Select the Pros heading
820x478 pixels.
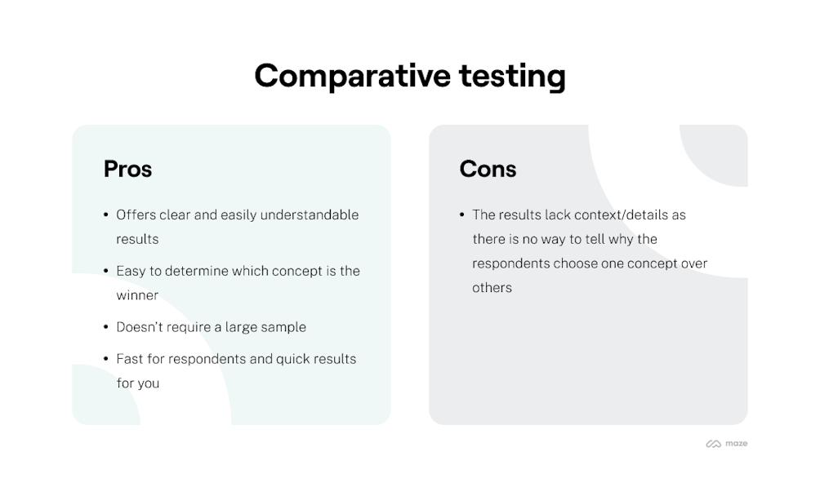pos(127,169)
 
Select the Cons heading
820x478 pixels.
pos(488,169)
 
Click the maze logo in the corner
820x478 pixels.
pos(726,444)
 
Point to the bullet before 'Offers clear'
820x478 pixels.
pos(106,215)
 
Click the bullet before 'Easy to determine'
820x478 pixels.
pos(106,271)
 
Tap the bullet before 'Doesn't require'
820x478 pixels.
pos(106,327)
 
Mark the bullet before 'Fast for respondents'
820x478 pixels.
pos(106,359)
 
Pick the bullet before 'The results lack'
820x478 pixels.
pos(462,215)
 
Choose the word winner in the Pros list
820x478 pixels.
pos(137,295)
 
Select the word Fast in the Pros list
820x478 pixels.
pos(130,359)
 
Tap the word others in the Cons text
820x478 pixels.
pos(492,287)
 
